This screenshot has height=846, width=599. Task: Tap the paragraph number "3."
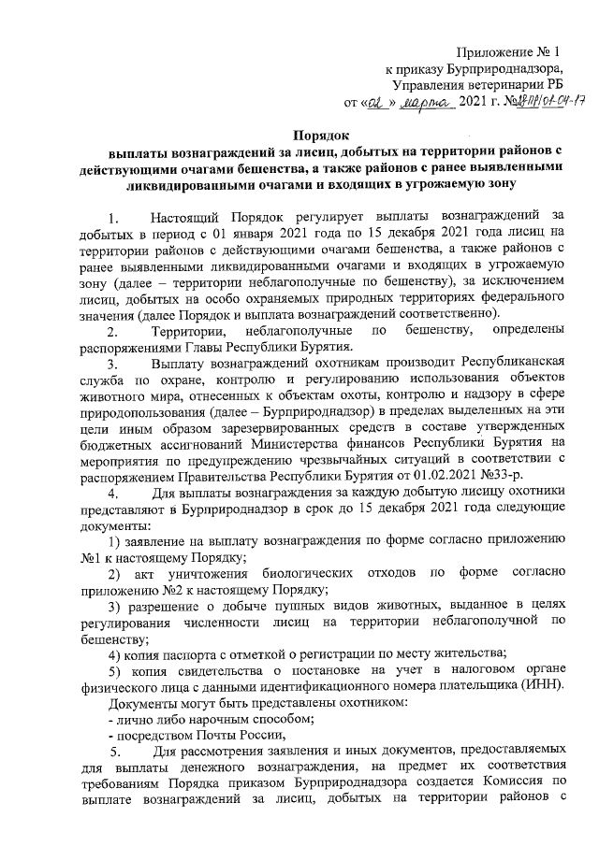(113, 365)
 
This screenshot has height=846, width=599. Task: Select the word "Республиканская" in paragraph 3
(509, 365)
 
